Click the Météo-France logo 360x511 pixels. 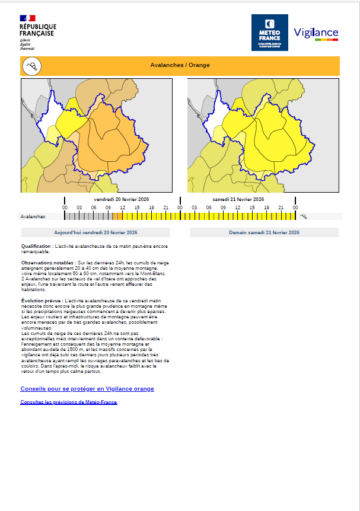[x=269, y=33]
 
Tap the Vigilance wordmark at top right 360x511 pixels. [x=316, y=33]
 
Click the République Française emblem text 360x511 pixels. [x=37, y=30]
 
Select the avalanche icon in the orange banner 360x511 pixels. [x=32, y=66]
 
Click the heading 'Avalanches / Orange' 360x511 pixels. [x=180, y=65]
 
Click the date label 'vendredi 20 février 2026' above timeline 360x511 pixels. [x=121, y=199]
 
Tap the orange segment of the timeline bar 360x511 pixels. [x=117, y=217]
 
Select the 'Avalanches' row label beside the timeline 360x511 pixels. [x=33, y=217]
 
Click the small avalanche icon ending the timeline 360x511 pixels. [x=304, y=217]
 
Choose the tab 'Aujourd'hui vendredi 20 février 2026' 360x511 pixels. [x=95, y=232]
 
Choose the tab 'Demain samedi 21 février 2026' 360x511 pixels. [x=264, y=232]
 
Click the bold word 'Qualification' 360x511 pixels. [x=36, y=245]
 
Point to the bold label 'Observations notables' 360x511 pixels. [x=47, y=262]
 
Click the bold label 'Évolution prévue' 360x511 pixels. [x=42, y=301]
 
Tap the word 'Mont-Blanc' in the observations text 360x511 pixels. [x=153, y=273]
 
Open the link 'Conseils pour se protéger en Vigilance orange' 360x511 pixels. [x=87, y=389]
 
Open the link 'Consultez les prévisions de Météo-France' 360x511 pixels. [x=69, y=403]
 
